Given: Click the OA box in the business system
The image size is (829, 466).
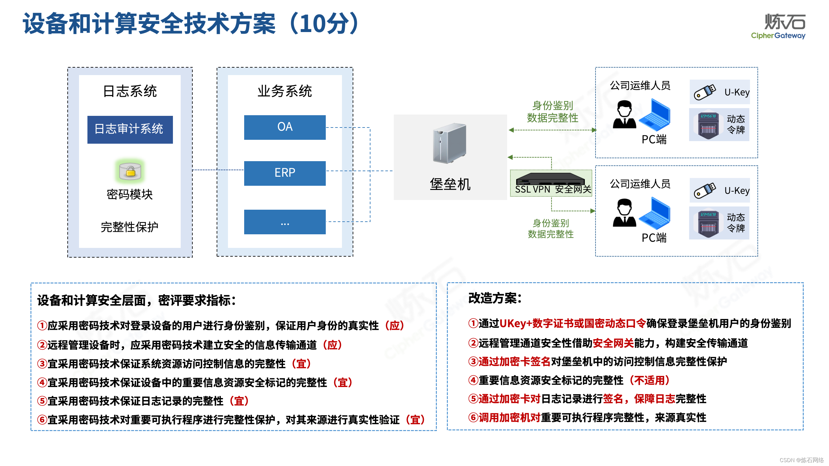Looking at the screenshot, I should tap(285, 127).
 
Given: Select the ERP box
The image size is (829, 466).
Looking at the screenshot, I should tap(285, 173).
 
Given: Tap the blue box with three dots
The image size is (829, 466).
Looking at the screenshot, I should tap(285, 222).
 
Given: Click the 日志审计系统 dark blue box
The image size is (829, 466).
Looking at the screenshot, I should tap(130, 129).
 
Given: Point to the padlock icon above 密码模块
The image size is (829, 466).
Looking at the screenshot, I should tap(130, 171).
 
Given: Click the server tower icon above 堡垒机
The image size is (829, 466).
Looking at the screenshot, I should tap(449, 143).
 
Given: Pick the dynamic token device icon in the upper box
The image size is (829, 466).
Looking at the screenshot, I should tap(708, 125).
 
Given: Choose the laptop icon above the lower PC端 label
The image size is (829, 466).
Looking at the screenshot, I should tap(655, 214).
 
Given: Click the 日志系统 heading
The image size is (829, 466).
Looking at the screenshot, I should tap(130, 91).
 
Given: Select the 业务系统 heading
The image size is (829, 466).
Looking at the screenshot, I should tap(285, 91).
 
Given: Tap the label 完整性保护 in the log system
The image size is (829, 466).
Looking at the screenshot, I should tap(130, 227).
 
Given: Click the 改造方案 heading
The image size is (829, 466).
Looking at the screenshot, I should tap(495, 298).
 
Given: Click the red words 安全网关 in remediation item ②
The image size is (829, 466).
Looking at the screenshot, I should tap(613, 343).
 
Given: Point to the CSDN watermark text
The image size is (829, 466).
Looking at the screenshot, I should tap(801, 460).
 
